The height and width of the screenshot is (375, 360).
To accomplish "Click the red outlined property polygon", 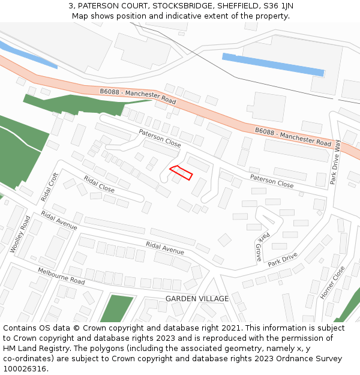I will pos(181,173).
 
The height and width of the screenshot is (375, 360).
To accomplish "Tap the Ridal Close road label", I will pos(99,184).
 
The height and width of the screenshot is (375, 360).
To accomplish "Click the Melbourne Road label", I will pos(61,276).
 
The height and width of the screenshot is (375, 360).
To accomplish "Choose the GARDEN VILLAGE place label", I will pos(197,299).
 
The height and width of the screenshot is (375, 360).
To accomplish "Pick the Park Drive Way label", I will pos(337,162).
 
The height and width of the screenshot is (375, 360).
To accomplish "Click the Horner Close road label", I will pos(333,282).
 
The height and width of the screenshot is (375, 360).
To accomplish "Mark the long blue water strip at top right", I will pos(273,64).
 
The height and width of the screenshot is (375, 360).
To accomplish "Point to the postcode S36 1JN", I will pos(280,6).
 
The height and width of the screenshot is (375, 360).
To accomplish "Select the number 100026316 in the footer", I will pos(25,369).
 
